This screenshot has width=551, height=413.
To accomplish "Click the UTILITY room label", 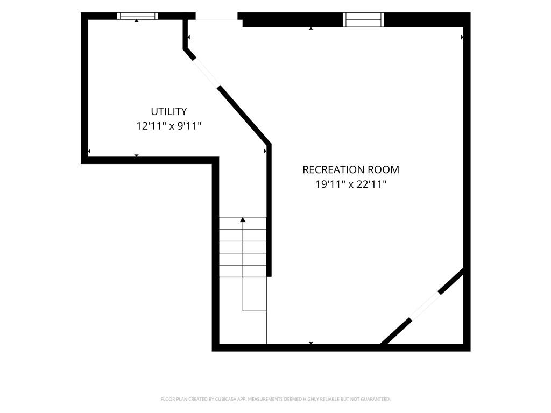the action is point(168,111).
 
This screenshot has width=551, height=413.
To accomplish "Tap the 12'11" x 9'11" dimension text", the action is point(168,126).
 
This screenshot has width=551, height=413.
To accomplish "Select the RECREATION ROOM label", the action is point(351,169).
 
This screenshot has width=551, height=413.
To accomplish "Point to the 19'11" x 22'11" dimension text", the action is point(351,184).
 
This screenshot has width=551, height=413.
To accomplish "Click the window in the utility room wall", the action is point(137,16).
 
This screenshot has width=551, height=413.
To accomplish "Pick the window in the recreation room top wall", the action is point(363,20).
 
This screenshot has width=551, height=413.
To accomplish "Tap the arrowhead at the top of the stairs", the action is point(243,220).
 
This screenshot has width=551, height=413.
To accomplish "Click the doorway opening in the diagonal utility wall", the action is point(206,73).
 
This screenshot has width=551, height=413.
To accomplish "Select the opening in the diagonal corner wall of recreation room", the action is point(425,305).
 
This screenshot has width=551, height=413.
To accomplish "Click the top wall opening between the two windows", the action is point(216,16).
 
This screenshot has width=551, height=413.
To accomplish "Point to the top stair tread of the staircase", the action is point(243,223).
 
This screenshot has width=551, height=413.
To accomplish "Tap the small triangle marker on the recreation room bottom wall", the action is point(311,343).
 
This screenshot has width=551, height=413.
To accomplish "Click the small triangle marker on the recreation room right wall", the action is point(462,37).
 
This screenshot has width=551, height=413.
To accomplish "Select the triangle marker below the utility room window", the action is point(137,21).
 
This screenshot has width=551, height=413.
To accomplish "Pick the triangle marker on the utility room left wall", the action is point(89,151).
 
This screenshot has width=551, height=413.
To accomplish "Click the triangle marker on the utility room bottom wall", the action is point(137,155).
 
